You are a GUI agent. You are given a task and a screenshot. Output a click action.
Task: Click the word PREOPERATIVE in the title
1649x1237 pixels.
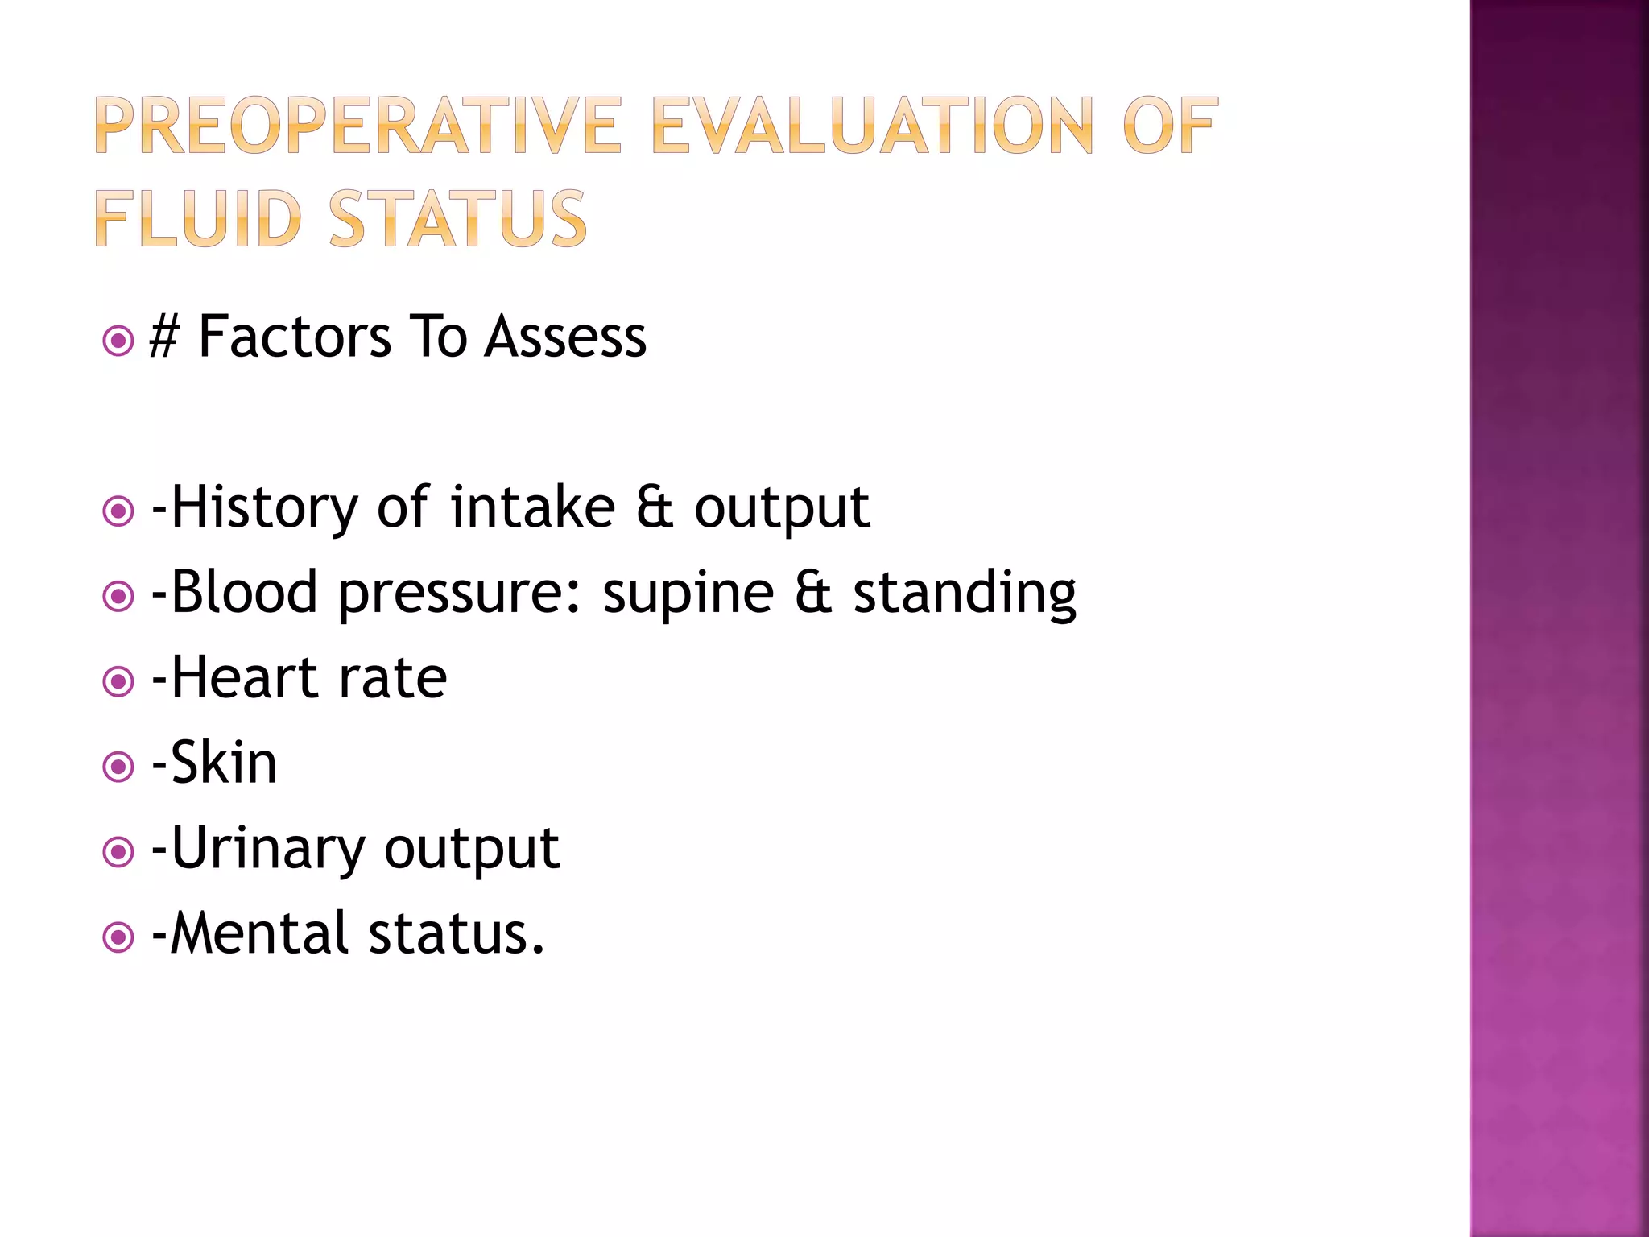[x=358, y=126]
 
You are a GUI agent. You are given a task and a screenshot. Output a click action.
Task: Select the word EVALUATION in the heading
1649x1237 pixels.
[x=872, y=126]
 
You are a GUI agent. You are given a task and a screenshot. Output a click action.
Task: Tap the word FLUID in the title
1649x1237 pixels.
[x=197, y=218]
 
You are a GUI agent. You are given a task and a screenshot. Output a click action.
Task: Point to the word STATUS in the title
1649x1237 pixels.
[x=458, y=218]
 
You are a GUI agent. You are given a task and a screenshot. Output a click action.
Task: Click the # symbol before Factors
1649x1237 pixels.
[x=163, y=337]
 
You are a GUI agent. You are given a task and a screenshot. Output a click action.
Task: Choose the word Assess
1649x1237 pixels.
[x=565, y=337]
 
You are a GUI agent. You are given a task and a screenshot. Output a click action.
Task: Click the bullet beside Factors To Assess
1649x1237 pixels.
[x=118, y=341]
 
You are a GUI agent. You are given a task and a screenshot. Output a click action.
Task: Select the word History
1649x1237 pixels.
[x=264, y=507]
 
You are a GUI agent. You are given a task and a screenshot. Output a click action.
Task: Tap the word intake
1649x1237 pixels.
[x=532, y=507]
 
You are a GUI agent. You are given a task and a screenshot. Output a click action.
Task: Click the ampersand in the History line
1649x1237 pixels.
[x=654, y=507]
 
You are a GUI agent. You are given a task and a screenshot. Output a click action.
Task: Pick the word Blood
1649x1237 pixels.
[x=245, y=593]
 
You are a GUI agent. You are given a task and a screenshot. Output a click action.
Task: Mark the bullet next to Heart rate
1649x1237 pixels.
[x=118, y=682]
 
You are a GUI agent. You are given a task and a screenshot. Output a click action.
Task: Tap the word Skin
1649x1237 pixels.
[x=224, y=763]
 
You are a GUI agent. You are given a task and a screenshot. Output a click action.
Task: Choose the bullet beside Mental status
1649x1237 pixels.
[x=118, y=937]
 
